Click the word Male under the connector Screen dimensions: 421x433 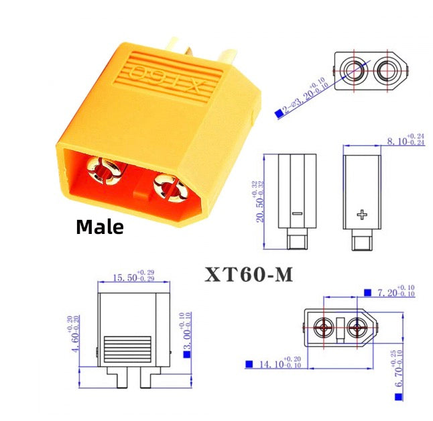[99, 227]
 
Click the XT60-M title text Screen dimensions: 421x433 [247, 274]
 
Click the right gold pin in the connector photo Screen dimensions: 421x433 [169, 188]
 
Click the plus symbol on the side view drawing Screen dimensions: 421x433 [363, 215]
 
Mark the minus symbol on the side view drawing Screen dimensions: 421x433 [298, 215]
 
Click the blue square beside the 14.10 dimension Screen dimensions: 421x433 [249, 364]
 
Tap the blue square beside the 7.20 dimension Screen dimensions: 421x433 [367, 292]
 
